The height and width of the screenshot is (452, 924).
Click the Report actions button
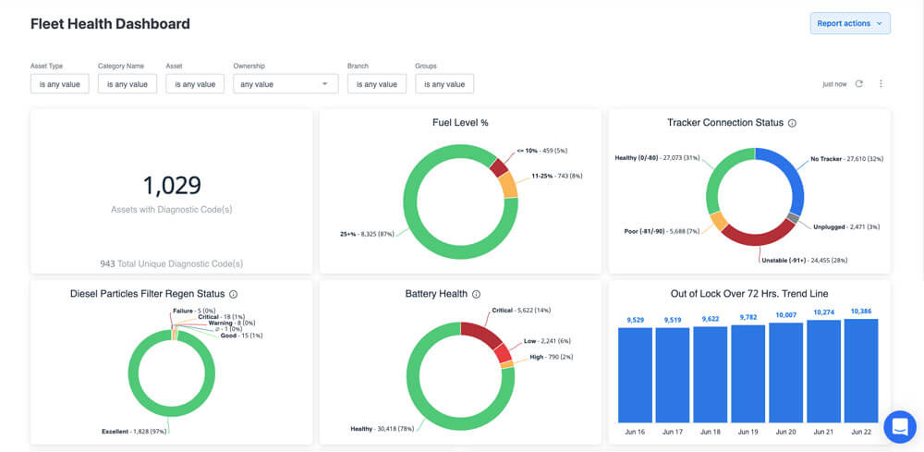click(850, 23)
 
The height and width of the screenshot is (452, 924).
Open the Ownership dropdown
click(285, 84)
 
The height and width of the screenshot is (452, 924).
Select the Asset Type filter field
click(60, 84)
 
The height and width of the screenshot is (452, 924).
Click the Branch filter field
click(377, 84)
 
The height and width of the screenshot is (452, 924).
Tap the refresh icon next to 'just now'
click(859, 84)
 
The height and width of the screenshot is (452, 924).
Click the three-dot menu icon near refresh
click(881, 84)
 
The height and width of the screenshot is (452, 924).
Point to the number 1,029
click(172, 186)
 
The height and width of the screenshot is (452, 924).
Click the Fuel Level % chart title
click(460, 123)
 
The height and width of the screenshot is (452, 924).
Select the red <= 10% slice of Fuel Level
click(499, 167)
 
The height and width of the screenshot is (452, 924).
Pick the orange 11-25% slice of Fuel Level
click(508, 185)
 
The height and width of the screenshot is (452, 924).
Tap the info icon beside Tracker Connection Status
click(792, 123)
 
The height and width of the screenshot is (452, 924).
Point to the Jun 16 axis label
click(634, 432)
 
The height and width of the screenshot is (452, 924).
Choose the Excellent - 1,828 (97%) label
click(134, 432)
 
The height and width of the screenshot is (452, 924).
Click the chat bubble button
click(899, 426)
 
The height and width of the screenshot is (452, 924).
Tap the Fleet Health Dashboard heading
click(110, 24)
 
